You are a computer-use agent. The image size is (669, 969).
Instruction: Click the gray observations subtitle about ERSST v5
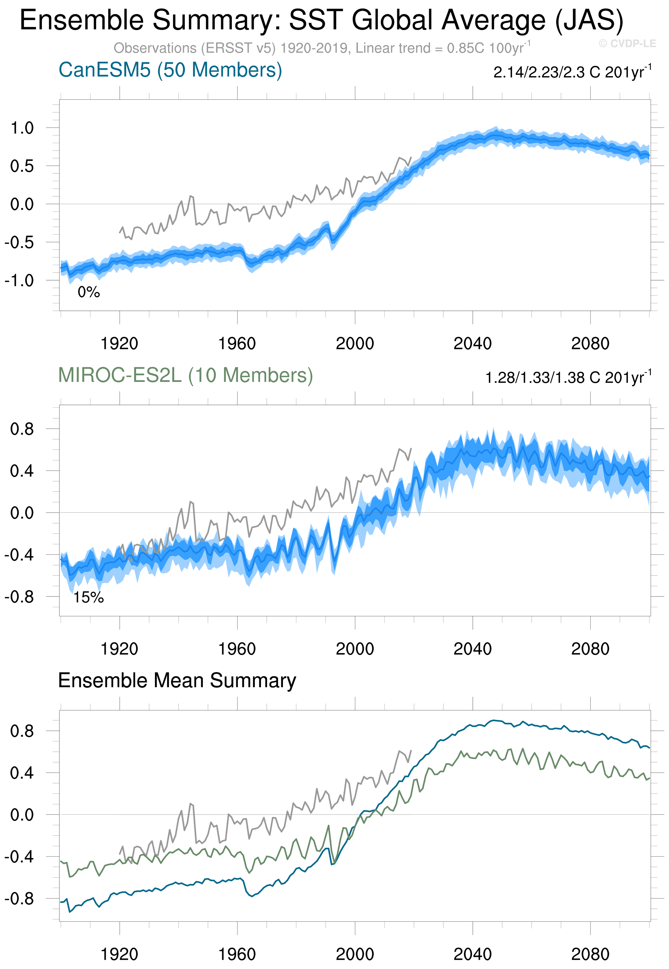click(x=321, y=48)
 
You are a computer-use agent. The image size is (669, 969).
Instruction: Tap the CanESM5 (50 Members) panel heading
click(x=170, y=70)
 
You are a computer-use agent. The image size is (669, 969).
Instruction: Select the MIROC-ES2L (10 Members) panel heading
click(x=185, y=375)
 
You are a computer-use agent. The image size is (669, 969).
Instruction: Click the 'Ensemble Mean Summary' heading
click(x=177, y=680)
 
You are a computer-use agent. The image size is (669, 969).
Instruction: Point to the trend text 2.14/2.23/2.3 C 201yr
click(x=572, y=72)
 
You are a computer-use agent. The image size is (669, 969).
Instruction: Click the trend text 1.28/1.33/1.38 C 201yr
click(x=568, y=377)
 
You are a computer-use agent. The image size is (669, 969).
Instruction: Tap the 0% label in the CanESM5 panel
click(x=88, y=292)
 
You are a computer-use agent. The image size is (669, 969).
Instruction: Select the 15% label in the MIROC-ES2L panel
click(x=88, y=598)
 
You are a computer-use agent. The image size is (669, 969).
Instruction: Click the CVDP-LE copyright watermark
click(x=627, y=44)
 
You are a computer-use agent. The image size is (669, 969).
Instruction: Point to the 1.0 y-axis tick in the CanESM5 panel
click(x=22, y=128)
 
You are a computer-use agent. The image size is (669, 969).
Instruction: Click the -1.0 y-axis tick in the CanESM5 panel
click(x=19, y=280)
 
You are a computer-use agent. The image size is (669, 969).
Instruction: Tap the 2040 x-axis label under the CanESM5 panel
click(x=472, y=344)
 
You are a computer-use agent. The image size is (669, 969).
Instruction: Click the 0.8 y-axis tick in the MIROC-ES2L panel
click(x=22, y=429)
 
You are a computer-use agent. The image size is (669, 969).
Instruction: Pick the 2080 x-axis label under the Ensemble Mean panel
click(x=590, y=954)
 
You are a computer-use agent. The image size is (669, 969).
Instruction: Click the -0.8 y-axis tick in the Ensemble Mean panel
click(x=19, y=899)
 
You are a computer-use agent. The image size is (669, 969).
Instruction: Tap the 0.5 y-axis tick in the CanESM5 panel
click(x=22, y=166)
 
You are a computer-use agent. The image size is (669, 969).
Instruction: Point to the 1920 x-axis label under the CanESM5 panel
click(x=119, y=344)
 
